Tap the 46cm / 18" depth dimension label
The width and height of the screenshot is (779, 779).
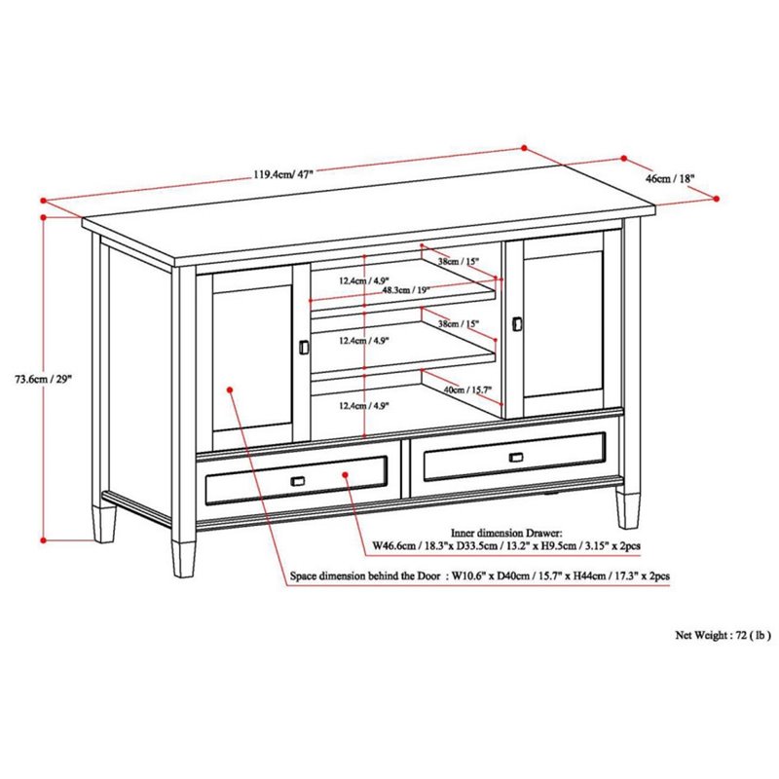(x=670, y=179)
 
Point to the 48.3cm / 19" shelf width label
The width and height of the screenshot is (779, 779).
(x=402, y=290)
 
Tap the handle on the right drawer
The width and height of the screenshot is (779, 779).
(x=515, y=456)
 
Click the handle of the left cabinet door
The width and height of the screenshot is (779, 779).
(x=303, y=347)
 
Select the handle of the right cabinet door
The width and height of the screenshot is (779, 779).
(x=517, y=322)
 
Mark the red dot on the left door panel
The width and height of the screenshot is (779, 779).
(x=231, y=389)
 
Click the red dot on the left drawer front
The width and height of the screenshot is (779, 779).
(x=347, y=472)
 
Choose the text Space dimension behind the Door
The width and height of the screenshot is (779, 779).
(x=365, y=576)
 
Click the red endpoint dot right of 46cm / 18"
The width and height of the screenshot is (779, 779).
(x=718, y=199)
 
